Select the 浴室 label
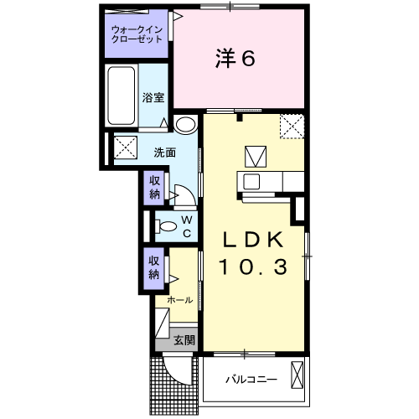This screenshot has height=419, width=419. pyautogui.click(x=152, y=97)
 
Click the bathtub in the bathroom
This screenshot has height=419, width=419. pyautogui.click(x=122, y=96)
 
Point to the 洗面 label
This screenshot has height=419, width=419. pyautogui.click(x=163, y=153)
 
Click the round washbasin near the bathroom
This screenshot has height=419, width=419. pyautogui.click(x=185, y=125)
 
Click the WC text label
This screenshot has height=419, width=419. pyautogui.click(x=186, y=226)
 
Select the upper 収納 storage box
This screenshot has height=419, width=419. pyautogui.click(x=155, y=187)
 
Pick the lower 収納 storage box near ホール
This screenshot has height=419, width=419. pyautogui.click(x=155, y=266)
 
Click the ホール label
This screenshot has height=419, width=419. pyautogui.click(x=179, y=300)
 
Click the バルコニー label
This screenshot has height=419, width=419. pyautogui.click(x=251, y=380)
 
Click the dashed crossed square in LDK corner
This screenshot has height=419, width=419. pyautogui.click(x=292, y=126)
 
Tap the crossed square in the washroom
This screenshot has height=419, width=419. pyautogui.click(x=125, y=147)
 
